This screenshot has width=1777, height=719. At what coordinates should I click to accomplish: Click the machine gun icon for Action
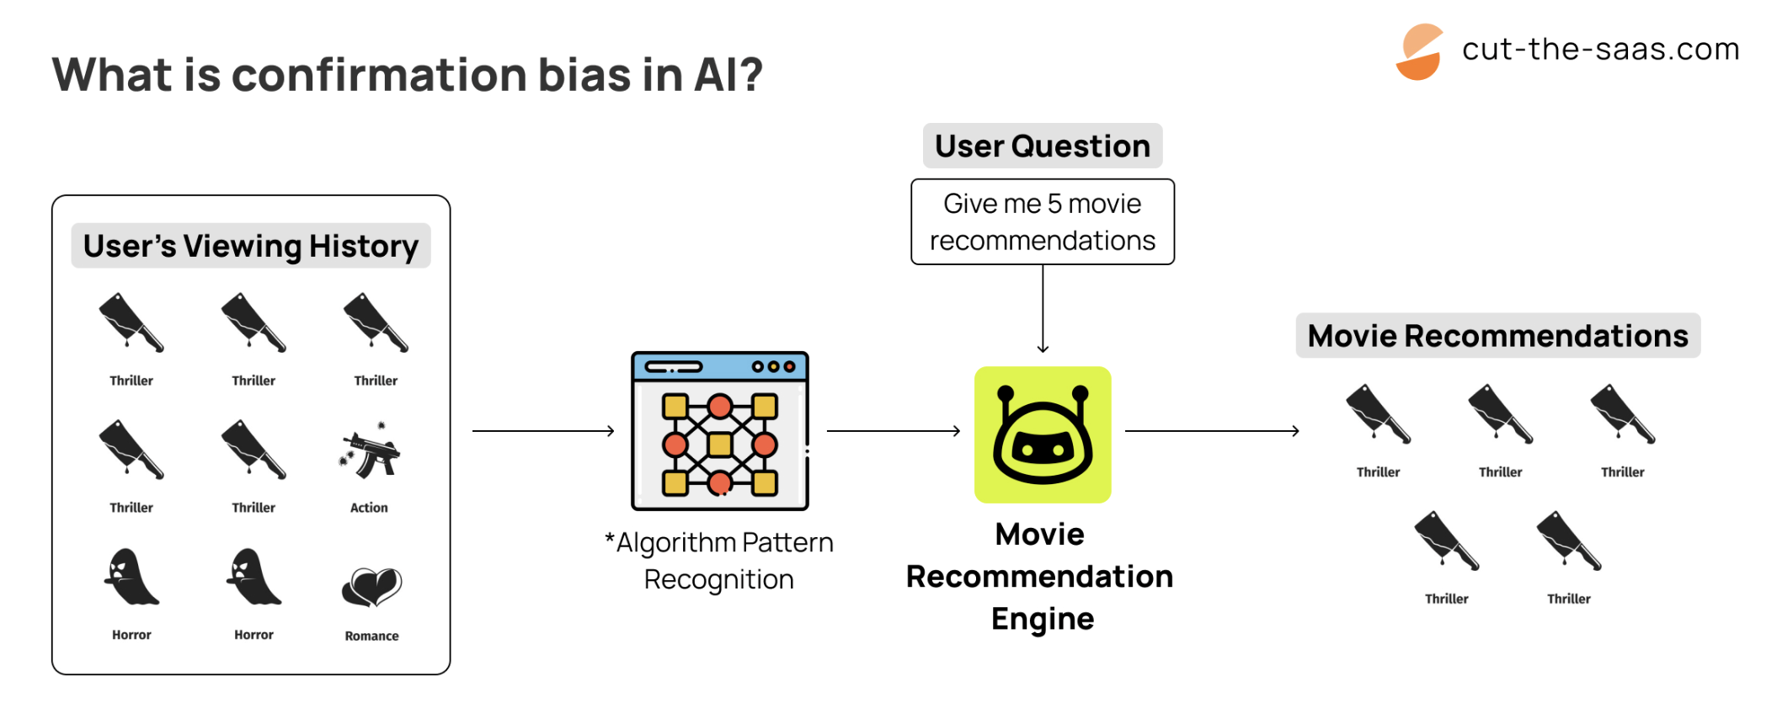tap(370, 452)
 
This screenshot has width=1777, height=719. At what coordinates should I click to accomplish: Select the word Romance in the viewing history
tap(371, 636)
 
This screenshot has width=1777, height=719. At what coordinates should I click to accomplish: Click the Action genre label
tap(369, 508)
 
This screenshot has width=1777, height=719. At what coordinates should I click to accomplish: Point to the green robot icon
tap(1043, 434)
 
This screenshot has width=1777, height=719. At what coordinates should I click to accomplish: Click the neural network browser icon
tap(720, 430)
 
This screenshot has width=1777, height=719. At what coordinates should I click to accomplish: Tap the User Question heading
tap(1043, 146)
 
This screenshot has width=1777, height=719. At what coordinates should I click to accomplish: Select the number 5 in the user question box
tap(1054, 204)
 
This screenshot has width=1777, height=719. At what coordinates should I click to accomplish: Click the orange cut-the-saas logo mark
tap(1420, 52)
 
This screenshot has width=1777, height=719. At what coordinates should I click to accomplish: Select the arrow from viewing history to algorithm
tap(543, 431)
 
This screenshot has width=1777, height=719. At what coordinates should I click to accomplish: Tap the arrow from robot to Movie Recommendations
tap(1212, 431)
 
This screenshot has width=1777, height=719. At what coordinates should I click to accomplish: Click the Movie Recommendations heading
tap(1497, 336)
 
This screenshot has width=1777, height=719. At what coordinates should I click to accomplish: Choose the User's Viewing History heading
tap(251, 246)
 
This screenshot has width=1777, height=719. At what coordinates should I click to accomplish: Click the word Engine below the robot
tap(1043, 619)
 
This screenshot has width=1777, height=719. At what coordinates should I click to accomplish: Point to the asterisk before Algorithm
tap(610, 539)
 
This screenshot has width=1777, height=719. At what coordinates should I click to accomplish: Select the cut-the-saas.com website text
tap(1600, 50)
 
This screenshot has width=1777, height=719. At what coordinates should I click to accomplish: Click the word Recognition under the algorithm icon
tap(718, 580)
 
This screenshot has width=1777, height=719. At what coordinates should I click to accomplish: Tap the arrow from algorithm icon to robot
tap(894, 431)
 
